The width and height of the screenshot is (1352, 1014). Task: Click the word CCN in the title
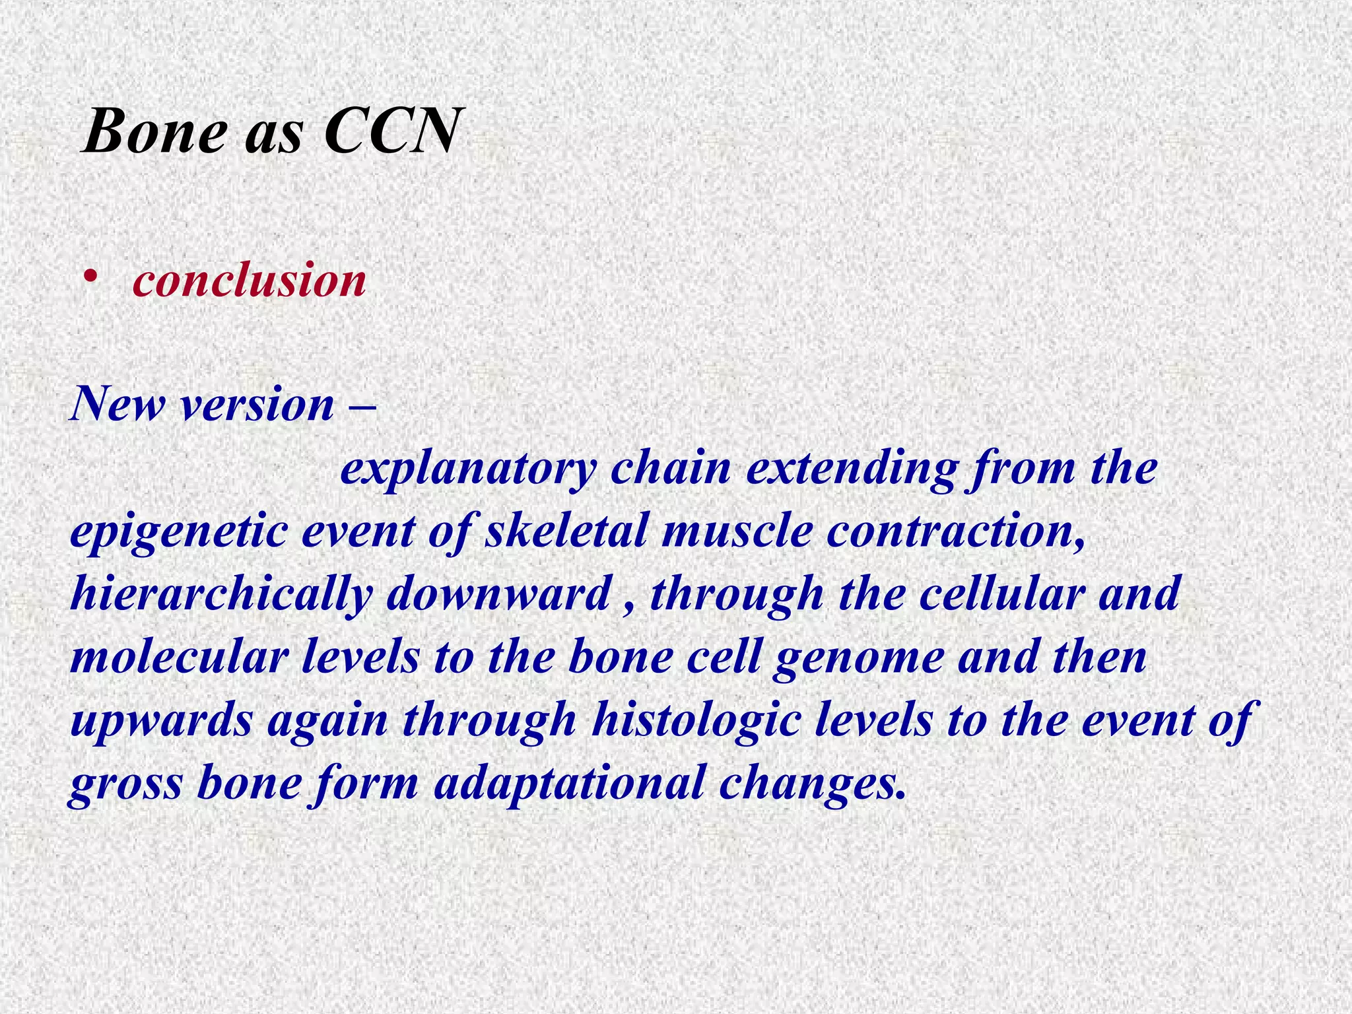[391, 131]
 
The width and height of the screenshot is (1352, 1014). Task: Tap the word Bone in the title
[156, 131]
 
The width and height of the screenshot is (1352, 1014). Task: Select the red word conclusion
[250, 281]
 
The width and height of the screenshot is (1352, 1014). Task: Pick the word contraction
[955, 531]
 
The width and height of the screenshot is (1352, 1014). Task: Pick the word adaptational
[569, 784]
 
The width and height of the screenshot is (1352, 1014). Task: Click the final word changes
[812, 784]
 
